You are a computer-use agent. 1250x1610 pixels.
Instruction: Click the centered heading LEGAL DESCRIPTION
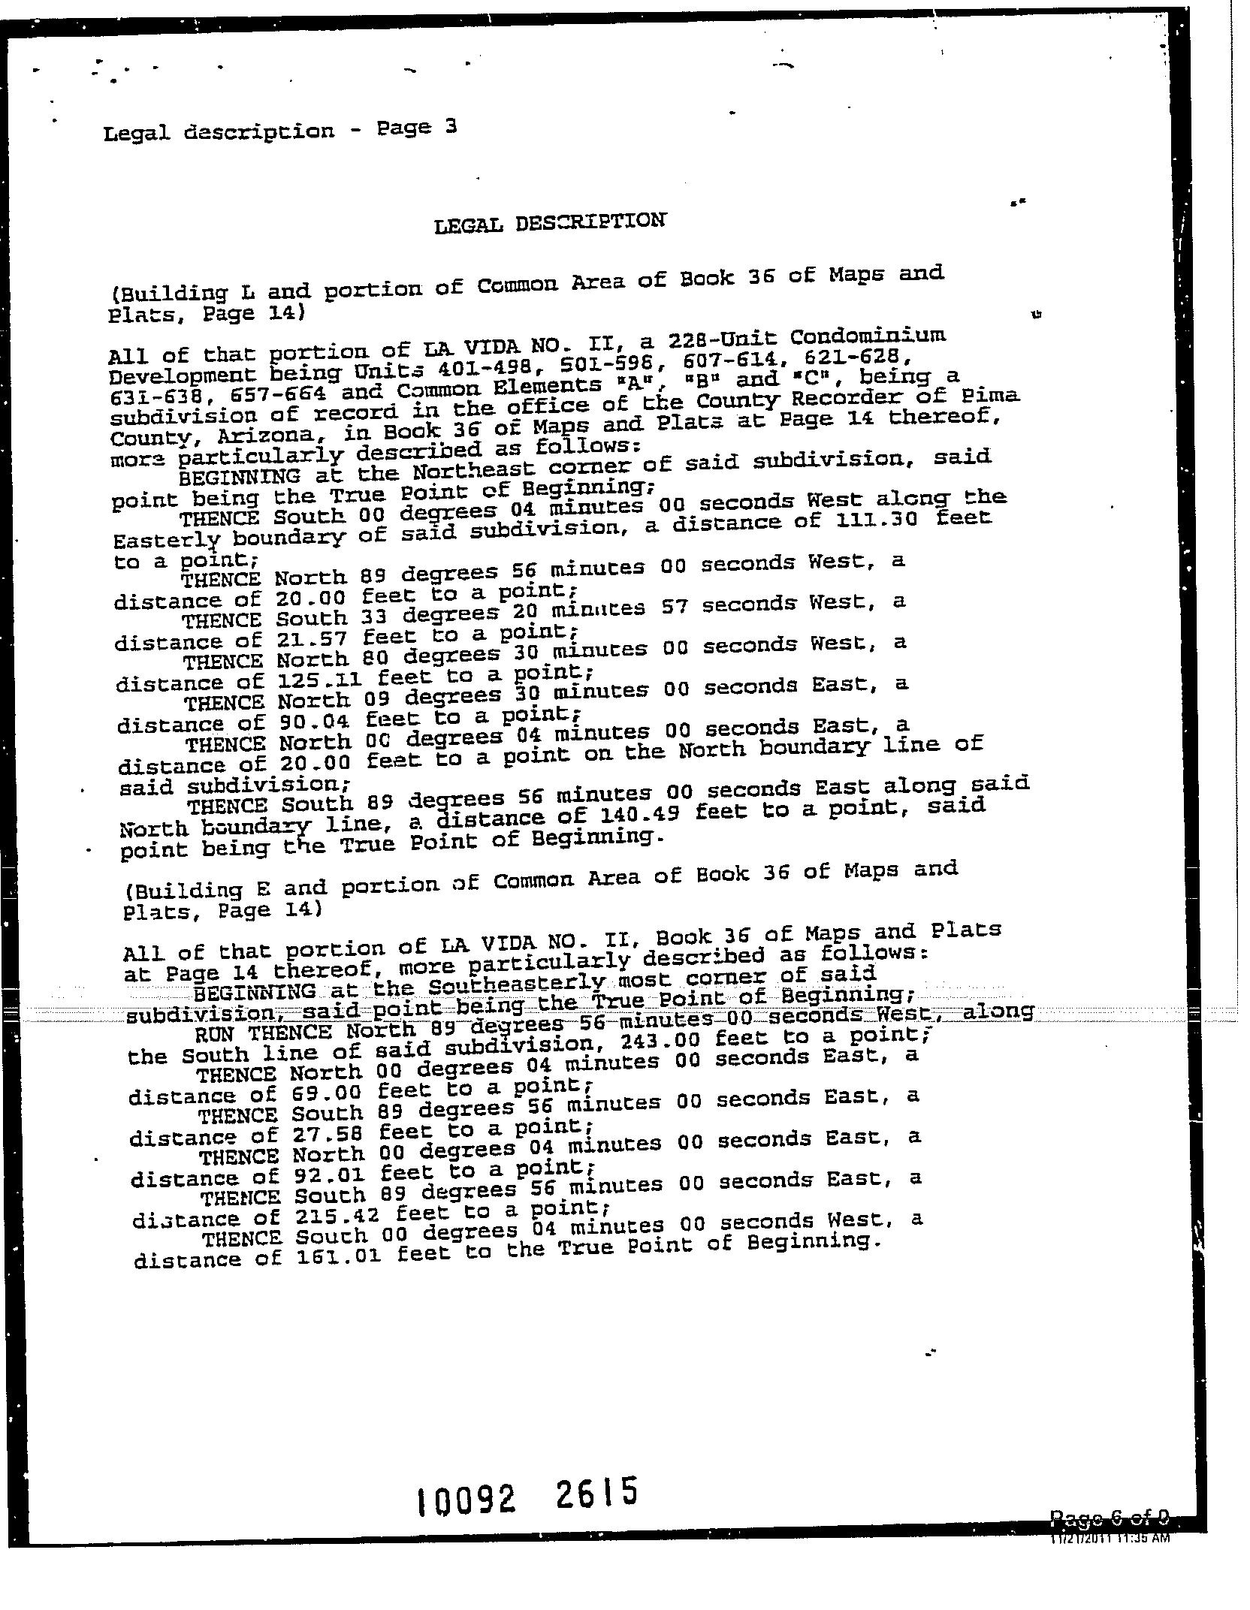(549, 222)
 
